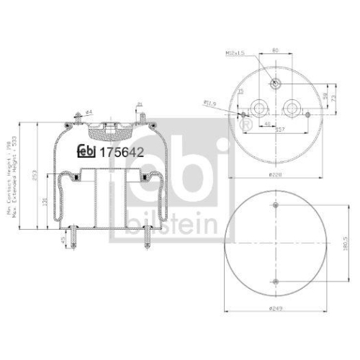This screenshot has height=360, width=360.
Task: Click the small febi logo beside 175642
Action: coord(86,151)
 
